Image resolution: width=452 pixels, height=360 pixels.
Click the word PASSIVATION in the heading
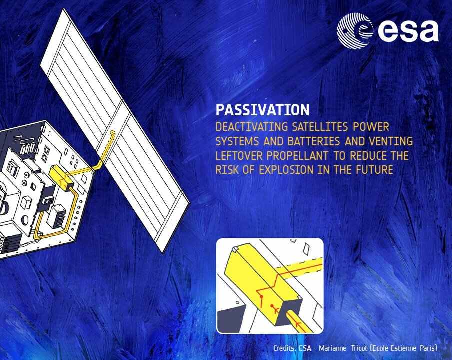coord(262,109)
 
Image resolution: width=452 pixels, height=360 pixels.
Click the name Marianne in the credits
coord(333,348)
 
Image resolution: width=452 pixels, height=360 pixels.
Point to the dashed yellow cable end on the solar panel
coord(110,137)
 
